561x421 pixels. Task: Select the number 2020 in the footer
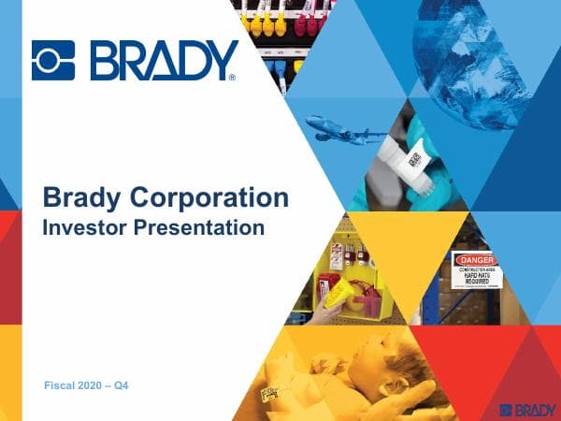(x=87, y=385)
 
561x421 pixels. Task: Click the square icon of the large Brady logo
(x=53, y=60)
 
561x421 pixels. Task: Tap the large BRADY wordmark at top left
(x=163, y=60)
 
